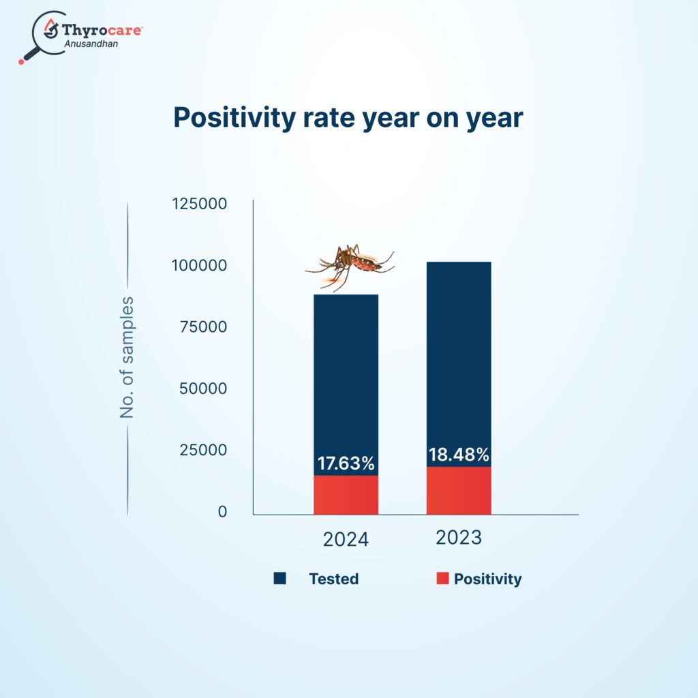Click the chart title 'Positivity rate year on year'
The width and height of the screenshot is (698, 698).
[348, 118]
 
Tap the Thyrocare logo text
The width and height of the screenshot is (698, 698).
[102, 29]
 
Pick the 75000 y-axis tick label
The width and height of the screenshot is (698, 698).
[202, 327]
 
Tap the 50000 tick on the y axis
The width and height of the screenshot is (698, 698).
[202, 389]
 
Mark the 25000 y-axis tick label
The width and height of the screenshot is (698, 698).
[202, 450]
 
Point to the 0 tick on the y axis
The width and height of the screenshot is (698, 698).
[222, 512]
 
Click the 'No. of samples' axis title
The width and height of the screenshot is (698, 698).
[127, 358]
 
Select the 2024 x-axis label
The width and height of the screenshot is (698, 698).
[346, 540]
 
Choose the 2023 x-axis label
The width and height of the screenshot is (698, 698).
[459, 538]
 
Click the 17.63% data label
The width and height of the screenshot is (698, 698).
[346, 464]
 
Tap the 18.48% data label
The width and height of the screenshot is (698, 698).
[459, 455]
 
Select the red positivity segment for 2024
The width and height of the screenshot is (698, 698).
[346, 495]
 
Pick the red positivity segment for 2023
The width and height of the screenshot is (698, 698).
[459, 491]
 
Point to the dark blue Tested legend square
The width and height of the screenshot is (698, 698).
[279, 579]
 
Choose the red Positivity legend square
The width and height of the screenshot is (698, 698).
[443, 579]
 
